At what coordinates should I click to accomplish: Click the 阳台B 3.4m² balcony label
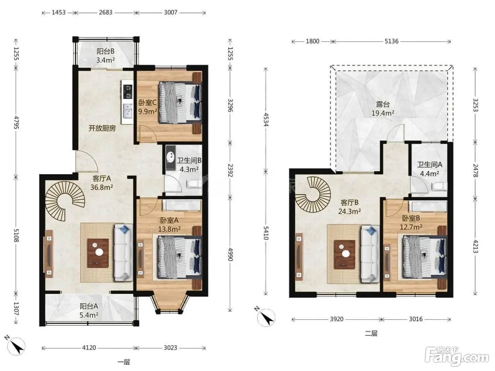point(105,55)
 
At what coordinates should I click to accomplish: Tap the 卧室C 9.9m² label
point(147,107)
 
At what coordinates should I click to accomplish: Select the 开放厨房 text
point(102,128)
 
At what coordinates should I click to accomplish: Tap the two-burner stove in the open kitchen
point(128,92)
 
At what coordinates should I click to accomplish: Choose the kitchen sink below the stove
point(128,111)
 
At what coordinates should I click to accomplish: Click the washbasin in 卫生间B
point(171,158)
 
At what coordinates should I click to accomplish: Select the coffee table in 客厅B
point(345,254)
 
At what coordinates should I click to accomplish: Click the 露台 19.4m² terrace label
point(383,108)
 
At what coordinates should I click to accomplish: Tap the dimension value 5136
point(391,41)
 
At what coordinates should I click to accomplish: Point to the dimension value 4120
point(89,348)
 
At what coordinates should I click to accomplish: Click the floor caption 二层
point(371,334)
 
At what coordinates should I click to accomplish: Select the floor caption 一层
point(124,363)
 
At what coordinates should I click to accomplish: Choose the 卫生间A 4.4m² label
point(429,169)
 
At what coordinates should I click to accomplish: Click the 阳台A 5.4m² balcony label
point(89,311)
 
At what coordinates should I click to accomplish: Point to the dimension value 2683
point(105,12)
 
